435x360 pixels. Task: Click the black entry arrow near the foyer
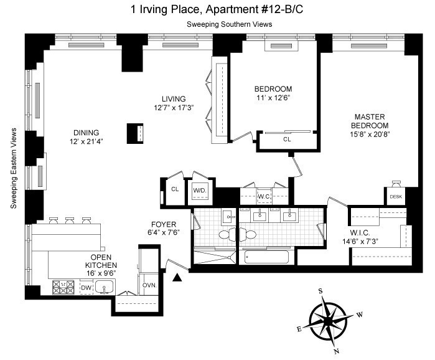(x=177, y=278)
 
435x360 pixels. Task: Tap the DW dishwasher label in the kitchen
(x=87, y=288)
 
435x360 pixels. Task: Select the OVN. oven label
(x=149, y=285)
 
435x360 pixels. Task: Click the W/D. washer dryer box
(x=200, y=191)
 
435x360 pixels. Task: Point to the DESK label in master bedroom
(x=396, y=197)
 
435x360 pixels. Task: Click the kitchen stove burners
(x=63, y=287)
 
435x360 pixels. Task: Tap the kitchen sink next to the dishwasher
(x=105, y=287)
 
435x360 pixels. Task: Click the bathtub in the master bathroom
(x=266, y=257)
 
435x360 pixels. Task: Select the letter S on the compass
(x=320, y=291)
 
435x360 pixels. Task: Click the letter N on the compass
(x=337, y=351)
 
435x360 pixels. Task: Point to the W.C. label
(x=264, y=197)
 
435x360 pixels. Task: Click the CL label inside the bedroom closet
(x=287, y=139)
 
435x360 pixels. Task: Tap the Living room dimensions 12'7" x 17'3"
(x=174, y=108)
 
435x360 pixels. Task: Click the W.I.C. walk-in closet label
(x=360, y=232)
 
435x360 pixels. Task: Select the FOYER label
(x=164, y=224)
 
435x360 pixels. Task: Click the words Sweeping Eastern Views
(x=13, y=168)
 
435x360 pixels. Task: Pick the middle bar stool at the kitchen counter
(x=69, y=220)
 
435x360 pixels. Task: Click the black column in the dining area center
(x=135, y=133)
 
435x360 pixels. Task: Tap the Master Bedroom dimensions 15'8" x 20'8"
(x=370, y=134)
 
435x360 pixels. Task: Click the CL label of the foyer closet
(x=175, y=189)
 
